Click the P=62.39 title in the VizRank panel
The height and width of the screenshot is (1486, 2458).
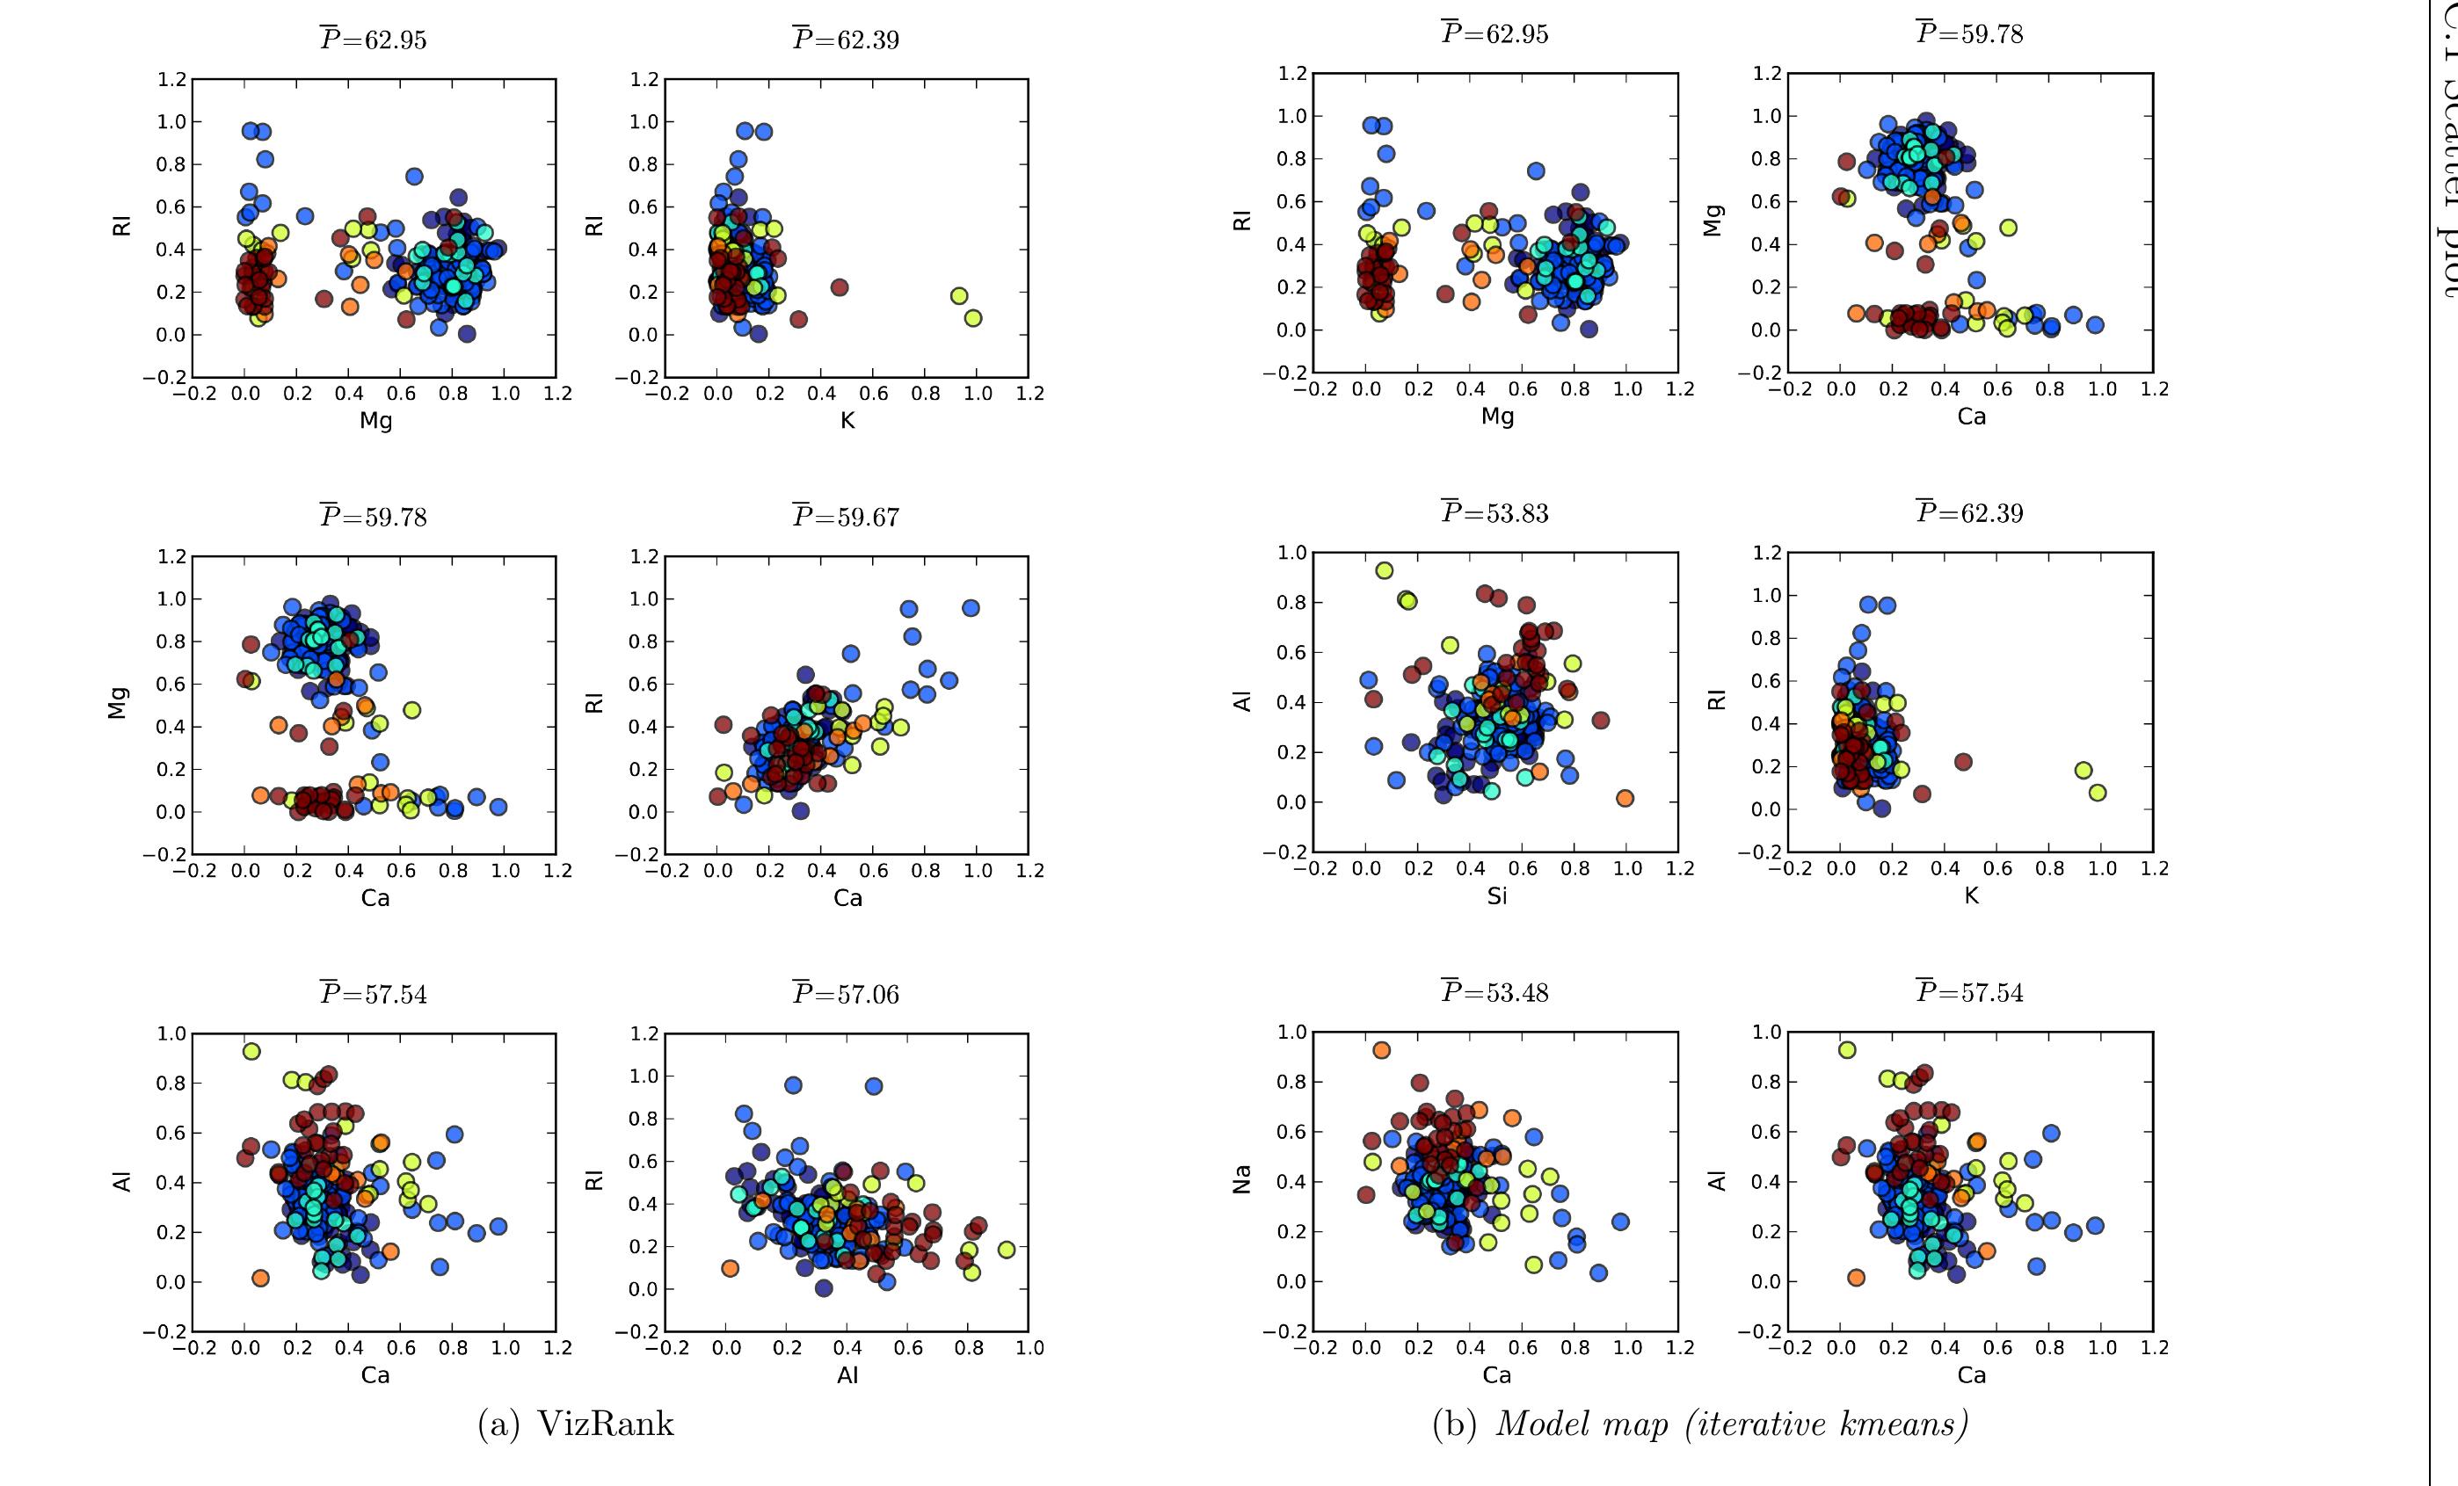pos(846,40)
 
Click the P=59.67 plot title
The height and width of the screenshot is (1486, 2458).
pos(846,517)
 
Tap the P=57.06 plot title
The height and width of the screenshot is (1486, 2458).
pos(846,993)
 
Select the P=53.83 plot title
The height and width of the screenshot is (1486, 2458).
pos(1495,512)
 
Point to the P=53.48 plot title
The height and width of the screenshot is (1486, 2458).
pos(1495,991)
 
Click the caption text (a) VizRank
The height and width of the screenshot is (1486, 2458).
pos(576,1424)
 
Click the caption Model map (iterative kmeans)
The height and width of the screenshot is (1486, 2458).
pos(1730,1424)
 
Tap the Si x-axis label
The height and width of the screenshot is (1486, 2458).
pos(1496,896)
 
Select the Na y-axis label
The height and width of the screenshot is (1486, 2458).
pos(1242,1181)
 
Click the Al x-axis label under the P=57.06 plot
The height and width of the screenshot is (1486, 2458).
pos(847,1375)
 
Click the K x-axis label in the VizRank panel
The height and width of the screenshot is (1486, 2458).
pos(847,420)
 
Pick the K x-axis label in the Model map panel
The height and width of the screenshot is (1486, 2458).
pos(1971,895)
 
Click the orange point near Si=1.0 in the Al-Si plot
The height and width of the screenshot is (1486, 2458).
pos(1625,798)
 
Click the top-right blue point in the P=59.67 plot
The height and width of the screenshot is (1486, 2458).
pos(971,608)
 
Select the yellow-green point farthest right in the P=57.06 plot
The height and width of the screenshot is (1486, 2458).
pos(1006,1250)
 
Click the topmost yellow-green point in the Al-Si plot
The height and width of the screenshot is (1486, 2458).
pos(1385,570)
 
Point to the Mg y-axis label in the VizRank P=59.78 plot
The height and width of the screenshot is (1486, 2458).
pos(119,703)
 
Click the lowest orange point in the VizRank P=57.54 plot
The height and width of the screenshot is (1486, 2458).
pos(260,1278)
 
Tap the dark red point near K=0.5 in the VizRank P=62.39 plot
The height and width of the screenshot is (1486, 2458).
pos(839,287)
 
